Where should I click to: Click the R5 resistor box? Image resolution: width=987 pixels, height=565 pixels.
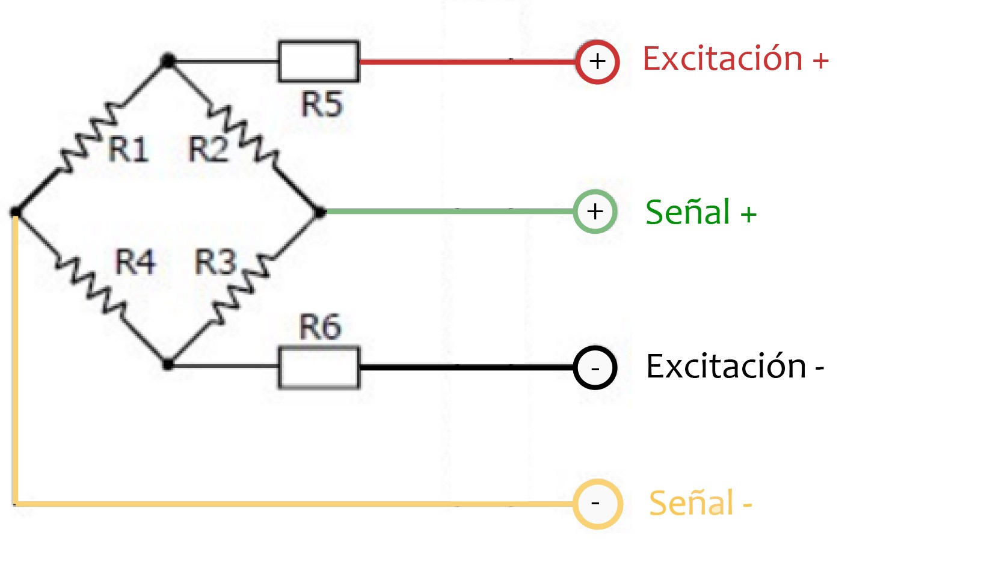pos(319,61)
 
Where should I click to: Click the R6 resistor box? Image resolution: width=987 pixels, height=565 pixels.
pos(319,367)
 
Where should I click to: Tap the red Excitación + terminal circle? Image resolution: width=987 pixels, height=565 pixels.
pos(597,61)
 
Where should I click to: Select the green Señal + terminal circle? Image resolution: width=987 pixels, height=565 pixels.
pos(595,212)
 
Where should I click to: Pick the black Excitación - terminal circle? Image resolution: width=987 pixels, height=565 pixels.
pos(595,367)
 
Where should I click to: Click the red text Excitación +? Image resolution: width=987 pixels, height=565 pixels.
pos(735,59)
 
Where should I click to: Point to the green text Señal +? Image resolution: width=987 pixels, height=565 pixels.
pos(701,212)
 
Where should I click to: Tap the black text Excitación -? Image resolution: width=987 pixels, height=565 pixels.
pos(734,366)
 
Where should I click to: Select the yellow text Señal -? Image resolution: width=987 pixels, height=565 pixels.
pos(700,503)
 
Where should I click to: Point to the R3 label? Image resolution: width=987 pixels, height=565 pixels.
pos(215,262)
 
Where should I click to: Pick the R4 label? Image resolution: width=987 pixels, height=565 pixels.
pos(135,262)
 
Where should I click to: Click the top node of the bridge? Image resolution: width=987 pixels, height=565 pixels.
pos(168,61)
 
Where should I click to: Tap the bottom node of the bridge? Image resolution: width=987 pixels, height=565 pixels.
pos(168,364)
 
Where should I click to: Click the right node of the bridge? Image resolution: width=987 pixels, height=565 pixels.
pos(320,212)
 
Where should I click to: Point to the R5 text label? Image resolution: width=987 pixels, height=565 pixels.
pos(322,103)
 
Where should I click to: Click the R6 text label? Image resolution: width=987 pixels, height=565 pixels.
pos(320,327)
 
